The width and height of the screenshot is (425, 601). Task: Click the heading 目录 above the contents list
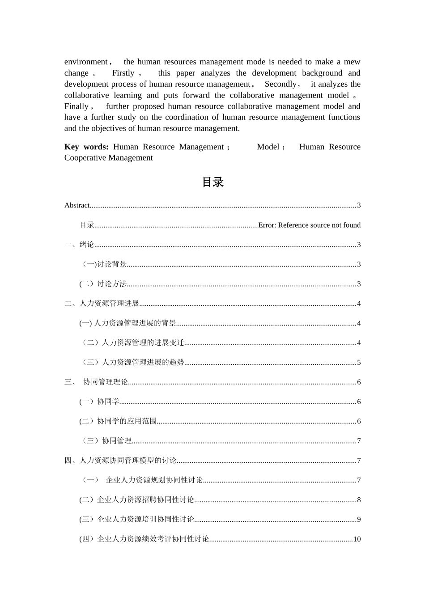point(212,182)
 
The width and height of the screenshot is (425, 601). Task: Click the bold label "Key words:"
point(86,147)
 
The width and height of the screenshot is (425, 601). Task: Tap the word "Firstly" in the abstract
point(123,73)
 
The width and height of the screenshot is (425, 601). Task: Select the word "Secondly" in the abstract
point(280,84)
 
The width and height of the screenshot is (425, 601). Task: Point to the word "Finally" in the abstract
point(76,106)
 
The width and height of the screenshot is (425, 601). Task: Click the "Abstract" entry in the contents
point(77,205)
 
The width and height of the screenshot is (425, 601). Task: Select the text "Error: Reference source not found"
point(309,225)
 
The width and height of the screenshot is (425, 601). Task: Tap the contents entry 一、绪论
point(79,245)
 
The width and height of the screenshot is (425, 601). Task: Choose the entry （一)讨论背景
point(103,264)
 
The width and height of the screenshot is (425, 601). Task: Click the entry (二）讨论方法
point(103,284)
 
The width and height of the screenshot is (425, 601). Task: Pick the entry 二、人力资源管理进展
point(102,304)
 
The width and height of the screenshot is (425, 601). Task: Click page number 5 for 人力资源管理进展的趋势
point(359,363)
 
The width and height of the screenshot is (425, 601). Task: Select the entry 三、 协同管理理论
point(97,382)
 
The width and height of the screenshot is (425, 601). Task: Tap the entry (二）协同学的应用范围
point(118,421)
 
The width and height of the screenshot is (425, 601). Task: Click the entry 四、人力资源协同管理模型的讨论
point(121,461)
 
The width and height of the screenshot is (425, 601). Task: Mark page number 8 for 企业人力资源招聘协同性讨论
point(359,500)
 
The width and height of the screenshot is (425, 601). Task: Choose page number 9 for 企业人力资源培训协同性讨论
point(359,520)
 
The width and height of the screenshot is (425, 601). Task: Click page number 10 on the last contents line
point(357,539)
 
